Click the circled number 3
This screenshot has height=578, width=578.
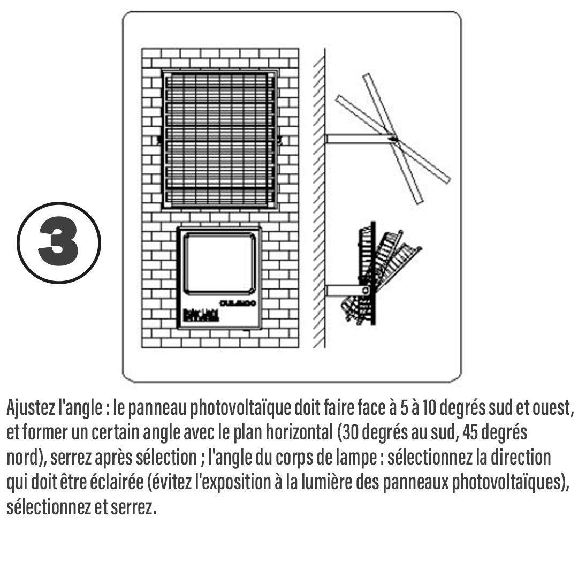coord(59,242)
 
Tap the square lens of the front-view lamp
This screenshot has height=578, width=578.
coord(218,263)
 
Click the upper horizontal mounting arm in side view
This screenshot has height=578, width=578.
coord(359,139)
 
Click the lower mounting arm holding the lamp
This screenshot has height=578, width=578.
coord(345,290)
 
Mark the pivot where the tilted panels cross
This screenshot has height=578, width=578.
coord(395,139)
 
